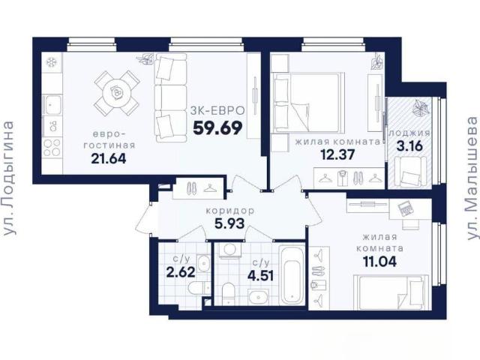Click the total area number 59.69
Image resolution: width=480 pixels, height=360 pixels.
tap(217, 128)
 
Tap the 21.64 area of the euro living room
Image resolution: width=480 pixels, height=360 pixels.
tap(109, 158)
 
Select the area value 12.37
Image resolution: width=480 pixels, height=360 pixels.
tap(337, 154)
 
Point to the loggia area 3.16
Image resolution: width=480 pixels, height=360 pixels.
tap(409, 145)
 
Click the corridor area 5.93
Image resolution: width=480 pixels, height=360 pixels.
tap(229, 223)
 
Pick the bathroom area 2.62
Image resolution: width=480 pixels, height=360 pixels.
tap(181, 271)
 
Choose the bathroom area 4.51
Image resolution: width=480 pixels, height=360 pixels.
tap(260, 275)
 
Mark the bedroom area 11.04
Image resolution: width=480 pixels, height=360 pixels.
tap(379, 262)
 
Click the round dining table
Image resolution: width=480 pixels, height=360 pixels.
tap(116, 93)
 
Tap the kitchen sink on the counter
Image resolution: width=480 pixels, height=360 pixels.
tap(52, 104)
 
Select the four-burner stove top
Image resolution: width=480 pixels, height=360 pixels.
tap(52, 148)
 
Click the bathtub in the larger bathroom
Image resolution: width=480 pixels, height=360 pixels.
tap(292, 274)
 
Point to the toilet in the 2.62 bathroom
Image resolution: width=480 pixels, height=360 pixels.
tap(198, 289)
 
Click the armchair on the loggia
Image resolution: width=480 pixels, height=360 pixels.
tap(410, 172)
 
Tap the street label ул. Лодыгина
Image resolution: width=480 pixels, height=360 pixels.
tap(8, 178)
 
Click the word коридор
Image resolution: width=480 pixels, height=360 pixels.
tap(230, 211)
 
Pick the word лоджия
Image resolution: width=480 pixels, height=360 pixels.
tap(409, 133)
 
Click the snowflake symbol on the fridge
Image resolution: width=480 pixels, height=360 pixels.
tap(52, 62)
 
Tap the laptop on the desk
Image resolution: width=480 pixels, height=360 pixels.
tap(406, 208)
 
